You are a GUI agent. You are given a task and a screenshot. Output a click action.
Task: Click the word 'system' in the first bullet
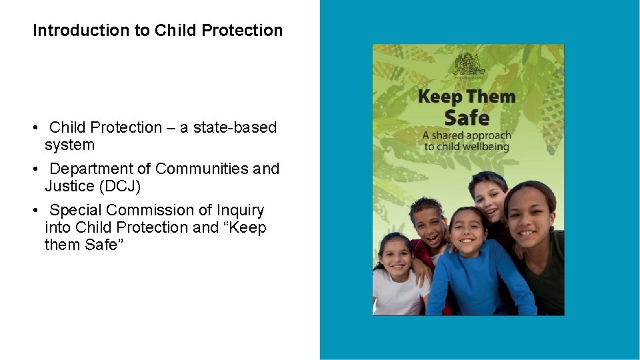(69, 145)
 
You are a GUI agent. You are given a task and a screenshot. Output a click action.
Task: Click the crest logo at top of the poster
(467, 65)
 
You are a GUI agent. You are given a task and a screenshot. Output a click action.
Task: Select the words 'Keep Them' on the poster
(467, 97)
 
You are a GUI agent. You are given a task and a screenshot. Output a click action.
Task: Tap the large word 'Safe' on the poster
(467, 118)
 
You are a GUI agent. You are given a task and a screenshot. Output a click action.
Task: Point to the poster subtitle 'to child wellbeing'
(467, 147)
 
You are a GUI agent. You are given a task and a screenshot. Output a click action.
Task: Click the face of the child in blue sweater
(469, 230)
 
